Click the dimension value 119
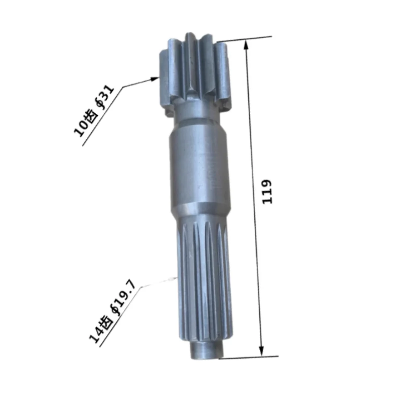click(x=268, y=191)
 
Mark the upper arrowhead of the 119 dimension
click(x=247, y=45)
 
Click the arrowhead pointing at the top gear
click(x=155, y=79)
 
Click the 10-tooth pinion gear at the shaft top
click(x=195, y=75)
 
